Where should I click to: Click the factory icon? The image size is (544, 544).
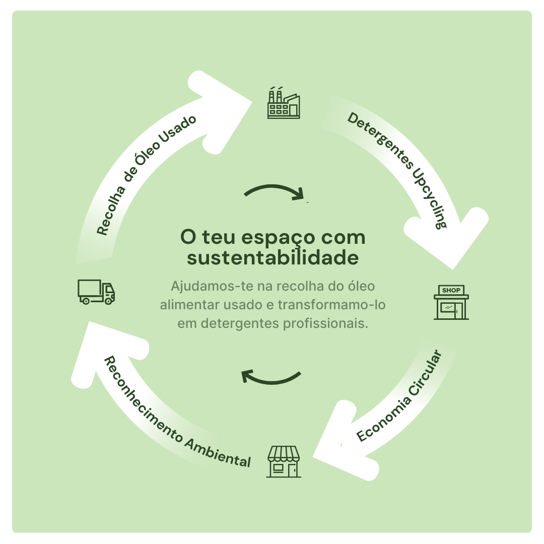284,103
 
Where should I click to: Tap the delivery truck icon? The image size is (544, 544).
96,292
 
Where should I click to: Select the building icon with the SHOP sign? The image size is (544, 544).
451,302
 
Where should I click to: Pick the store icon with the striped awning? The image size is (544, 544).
284,461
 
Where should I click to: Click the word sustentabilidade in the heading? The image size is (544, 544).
273,258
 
